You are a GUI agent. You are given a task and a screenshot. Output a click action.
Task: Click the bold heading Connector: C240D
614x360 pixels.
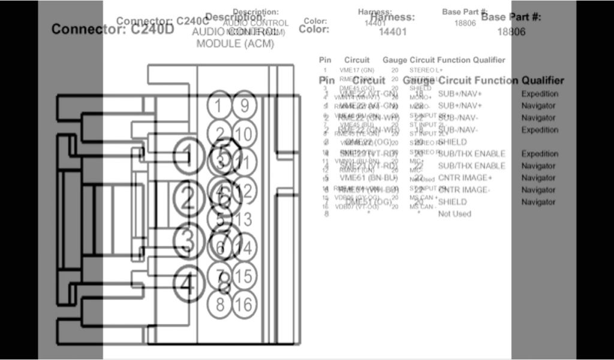coord(113,29)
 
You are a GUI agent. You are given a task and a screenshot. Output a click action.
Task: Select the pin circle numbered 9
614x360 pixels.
coord(244,106)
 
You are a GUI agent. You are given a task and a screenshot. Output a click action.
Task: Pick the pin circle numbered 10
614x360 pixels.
coord(243,133)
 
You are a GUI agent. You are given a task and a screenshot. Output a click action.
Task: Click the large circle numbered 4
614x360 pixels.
coord(188,283)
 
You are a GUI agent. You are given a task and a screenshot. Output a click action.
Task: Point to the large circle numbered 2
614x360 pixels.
coord(188,198)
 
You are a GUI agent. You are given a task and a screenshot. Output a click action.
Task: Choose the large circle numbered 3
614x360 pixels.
coord(188,241)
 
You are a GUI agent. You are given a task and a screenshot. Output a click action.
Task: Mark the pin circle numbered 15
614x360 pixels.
coord(244,277)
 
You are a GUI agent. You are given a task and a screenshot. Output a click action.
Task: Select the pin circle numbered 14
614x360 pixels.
coord(244,247)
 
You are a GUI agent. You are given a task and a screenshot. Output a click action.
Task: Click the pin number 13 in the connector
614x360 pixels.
coord(244,220)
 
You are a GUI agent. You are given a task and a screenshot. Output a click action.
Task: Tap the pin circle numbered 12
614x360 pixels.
coord(244,191)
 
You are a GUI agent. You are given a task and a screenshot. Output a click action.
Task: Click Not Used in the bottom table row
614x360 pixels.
coord(455,214)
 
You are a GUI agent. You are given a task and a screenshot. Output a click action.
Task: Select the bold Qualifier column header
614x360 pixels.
coord(543,80)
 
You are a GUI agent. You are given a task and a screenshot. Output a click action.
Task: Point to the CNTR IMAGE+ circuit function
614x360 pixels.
coord(465,178)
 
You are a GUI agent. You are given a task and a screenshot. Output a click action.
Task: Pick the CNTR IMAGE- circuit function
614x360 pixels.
coord(464,190)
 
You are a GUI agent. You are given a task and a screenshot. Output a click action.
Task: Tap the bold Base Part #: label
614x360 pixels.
coord(511,17)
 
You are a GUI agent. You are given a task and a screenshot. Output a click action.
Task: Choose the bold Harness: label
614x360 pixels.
coord(393,17)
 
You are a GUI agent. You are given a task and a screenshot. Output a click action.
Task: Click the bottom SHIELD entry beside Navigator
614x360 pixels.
coord(453,202)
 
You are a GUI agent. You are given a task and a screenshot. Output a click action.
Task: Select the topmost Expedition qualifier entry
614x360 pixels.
coord(540,94)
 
